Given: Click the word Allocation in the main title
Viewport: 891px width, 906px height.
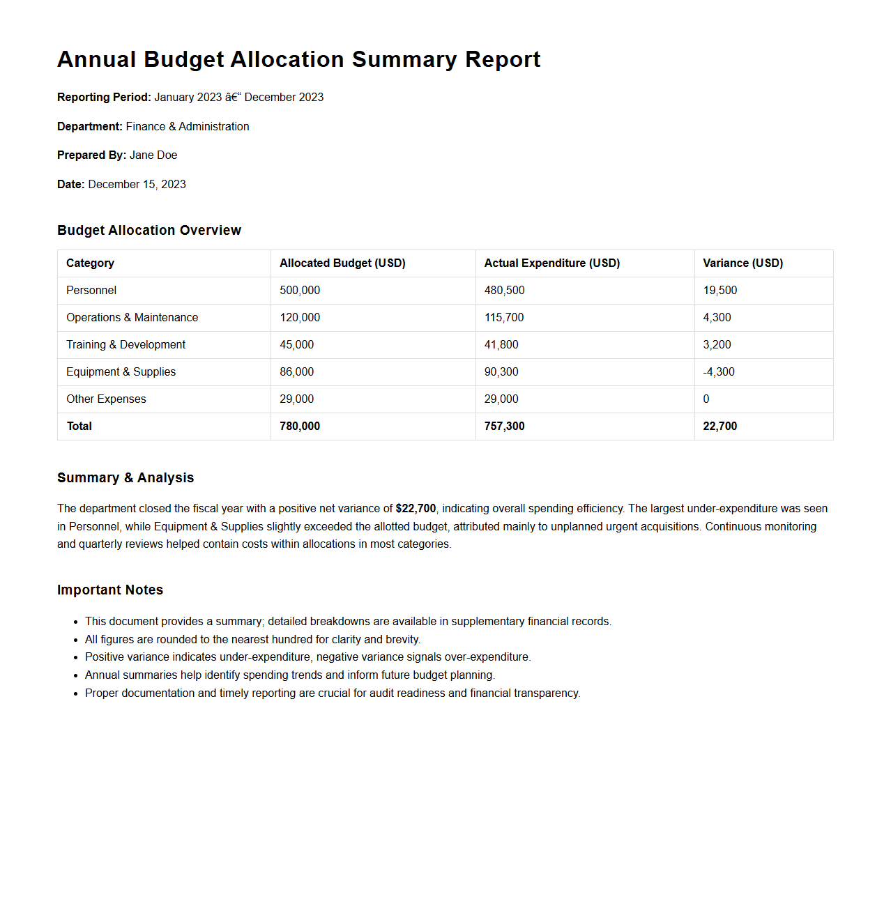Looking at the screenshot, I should click(287, 60).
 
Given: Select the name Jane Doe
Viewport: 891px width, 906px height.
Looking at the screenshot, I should click(153, 155).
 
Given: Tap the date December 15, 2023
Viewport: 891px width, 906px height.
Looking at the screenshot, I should click(137, 185).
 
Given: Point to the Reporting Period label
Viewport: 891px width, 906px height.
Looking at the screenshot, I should click(104, 98).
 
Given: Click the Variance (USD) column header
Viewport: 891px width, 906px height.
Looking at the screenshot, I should click(742, 263).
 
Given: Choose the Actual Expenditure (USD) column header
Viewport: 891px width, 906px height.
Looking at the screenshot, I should click(551, 263).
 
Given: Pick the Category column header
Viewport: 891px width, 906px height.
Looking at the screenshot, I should click(90, 263).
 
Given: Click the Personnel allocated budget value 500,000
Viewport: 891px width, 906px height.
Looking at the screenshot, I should click(300, 291).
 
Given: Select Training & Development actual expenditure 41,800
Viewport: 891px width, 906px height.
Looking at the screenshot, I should click(501, 345).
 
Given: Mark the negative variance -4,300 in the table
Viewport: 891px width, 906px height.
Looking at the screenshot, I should click(719, 372).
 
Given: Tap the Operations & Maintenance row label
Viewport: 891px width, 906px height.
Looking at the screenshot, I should click(132, 318).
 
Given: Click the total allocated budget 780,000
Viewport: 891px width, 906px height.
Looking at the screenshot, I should click(300, 427).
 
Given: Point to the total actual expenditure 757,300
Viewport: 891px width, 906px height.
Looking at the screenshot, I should click(504, 427).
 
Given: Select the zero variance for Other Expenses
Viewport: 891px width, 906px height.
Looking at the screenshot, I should click(706, 399).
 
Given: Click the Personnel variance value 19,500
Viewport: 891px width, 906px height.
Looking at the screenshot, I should click(719, 291).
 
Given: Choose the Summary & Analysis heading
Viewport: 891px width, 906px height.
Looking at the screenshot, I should click(125, 478).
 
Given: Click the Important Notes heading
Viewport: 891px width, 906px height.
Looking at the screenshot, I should click(110, 590).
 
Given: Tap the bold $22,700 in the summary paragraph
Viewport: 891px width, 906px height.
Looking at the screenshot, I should click(416, 509).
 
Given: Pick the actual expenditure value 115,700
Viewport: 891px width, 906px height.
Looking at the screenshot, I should click(504, 318).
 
